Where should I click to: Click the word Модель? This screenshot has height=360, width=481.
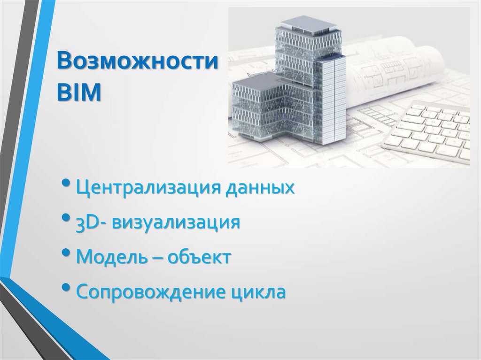pyautogui.click(x=109, y=257)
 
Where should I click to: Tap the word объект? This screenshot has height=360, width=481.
pyautogui.click(x=200, y=257)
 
